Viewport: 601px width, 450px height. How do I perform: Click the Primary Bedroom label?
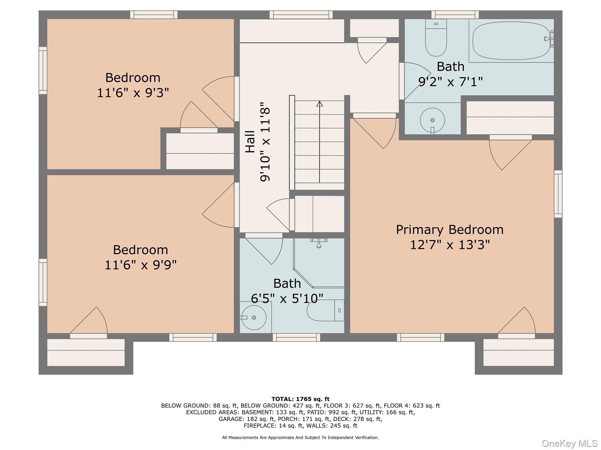point(450,230)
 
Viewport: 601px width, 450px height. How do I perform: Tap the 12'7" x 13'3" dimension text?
point(450,245)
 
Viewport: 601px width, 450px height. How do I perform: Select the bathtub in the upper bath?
point(511,41)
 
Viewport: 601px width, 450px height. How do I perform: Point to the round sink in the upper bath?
point(432,120)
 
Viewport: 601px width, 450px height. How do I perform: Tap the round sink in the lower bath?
point(254,318)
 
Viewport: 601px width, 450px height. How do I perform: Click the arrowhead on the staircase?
point(320,104)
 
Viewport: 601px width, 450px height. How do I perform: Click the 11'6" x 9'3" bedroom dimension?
point(133,93)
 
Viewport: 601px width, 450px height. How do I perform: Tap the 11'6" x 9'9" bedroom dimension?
point(141,265)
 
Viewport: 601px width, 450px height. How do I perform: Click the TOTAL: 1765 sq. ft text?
point(300,399)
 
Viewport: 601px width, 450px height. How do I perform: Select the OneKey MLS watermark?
point(569,443)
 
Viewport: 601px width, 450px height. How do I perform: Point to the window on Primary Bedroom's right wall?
point(558,194)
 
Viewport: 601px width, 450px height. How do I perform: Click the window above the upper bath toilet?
point(455,15)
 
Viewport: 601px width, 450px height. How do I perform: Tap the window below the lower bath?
point(296,337)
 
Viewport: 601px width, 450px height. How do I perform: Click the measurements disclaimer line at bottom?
point(300,437)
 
